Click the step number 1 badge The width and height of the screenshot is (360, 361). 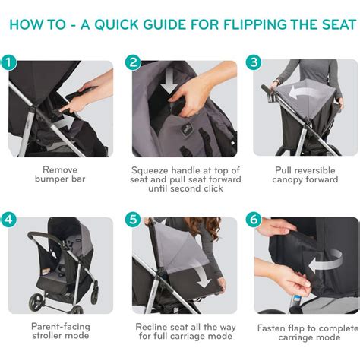tap(8, 62)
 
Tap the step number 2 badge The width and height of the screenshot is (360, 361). tap(133, 62)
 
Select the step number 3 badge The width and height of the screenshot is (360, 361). tap(254, 62)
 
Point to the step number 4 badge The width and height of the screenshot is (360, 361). tap(8, 220)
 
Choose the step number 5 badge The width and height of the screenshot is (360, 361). tap(133, 220)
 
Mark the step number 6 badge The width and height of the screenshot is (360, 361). tap(254, 220)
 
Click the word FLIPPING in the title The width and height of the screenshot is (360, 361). tap(255, 24)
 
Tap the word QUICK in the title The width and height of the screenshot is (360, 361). tap(117, 24)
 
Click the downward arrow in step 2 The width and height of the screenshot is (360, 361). tap(170, 81)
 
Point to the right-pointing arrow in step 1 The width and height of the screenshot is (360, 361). tap(65, 122)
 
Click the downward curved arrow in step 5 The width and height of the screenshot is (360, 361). tap(203, 277)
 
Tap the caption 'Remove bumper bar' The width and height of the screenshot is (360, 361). tap(60, 174)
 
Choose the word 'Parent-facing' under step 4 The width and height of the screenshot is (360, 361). tap(61, 327)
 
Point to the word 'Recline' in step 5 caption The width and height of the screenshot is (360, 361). tap(151, 327)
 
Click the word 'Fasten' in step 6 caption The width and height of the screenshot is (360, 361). tap(270, 328)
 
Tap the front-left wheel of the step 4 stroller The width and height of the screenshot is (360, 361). tap(36, 302)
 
